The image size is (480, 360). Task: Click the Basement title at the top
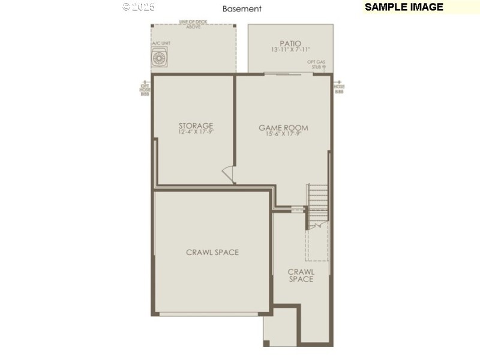pyautogui.click(x=242, y=9)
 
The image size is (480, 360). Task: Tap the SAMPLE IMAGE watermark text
pyautogui.click(x=404, y=7)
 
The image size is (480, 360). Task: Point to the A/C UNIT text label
pyautogui.click(x=161, y=44)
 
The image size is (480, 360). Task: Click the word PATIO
pyautogui.click(x=290, y=43)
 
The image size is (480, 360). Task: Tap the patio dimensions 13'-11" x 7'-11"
pyautogui.click(x=290, y=50)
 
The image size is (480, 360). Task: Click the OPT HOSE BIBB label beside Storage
pyautogui.click(x=145, y=89)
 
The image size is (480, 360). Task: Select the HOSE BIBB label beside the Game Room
pyautogui.click(x=339, y=89)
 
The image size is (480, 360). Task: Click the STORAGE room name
pyautogui.click(x=196, y=126)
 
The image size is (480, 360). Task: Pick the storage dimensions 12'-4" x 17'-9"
pyautogui.click(x=196, y=133)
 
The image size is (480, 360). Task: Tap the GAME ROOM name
pyautogui.click(x=283, y=127)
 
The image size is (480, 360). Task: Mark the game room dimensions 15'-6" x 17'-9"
pyautogui.click(x=283, y=134)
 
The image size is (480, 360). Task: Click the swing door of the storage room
pyautogui.click(x=229, y=173)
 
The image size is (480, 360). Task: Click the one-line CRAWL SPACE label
pyautogui.click(x=212, y=253)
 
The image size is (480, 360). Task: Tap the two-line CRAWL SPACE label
pyautogui.click(x=301, y=275)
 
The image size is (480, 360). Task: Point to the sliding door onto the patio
pyautogui.click(x=282, y=74)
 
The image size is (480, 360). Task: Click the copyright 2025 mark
pyautogui.click(x=139, y=7)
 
